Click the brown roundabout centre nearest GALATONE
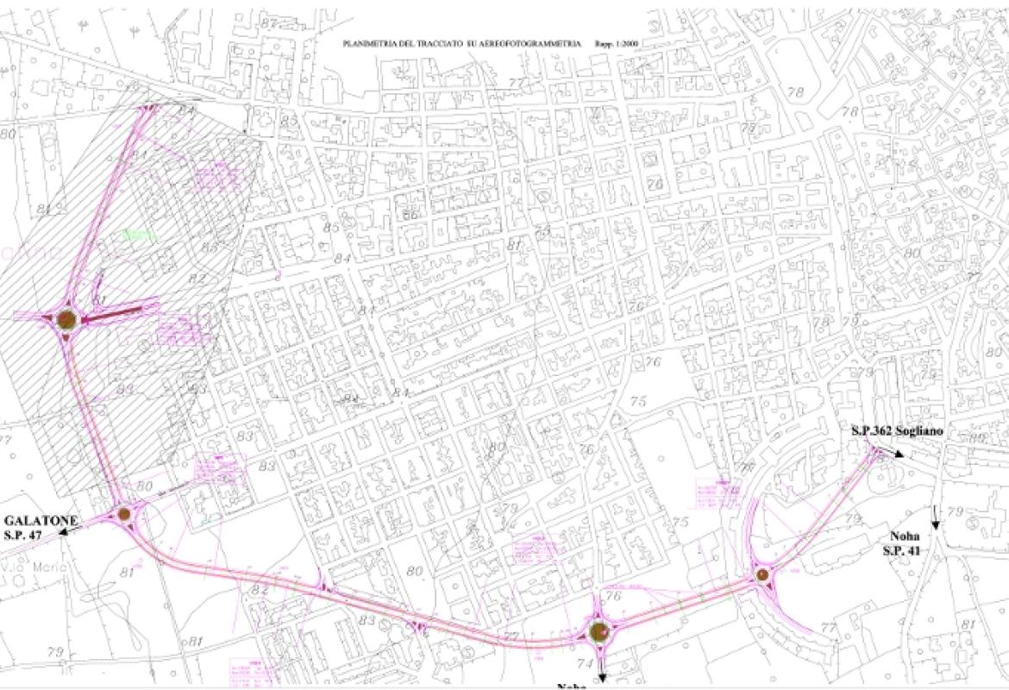124,515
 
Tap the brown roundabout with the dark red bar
67,321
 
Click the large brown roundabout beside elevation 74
600,634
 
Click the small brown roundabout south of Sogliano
761,574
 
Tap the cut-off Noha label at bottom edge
571,686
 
